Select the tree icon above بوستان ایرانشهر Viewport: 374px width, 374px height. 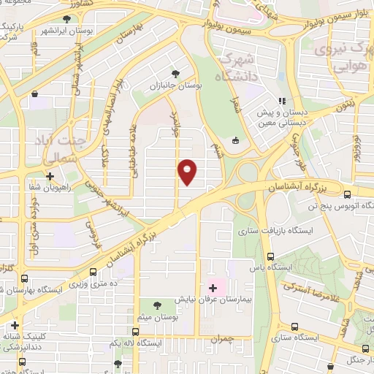[x=67, y=20]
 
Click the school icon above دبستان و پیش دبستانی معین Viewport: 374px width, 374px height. [x=281, y=102]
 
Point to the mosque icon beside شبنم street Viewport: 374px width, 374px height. [x=234, y=141]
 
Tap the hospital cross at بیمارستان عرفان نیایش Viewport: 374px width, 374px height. [x=213, y=287]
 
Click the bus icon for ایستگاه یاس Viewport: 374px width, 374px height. [x=270, y=256]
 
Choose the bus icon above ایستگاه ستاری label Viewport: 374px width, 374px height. [x=294, y=327]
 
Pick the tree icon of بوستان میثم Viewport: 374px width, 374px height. [x=157, y=303]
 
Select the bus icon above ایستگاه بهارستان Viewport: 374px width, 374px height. [x=25, y=278]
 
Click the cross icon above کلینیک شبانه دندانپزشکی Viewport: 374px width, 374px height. [x=15, y=325]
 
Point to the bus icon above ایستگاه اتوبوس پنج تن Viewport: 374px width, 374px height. [x=347, y=194]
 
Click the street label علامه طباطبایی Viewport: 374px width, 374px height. [x=134, y=154]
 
